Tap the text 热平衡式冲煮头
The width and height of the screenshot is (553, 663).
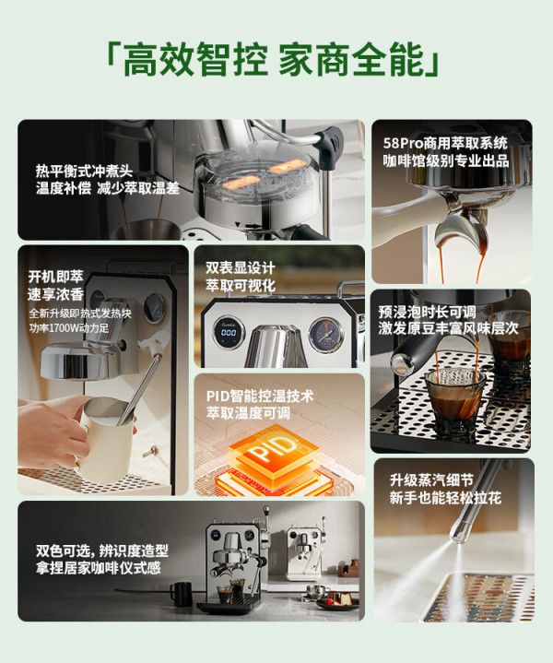pyautogui.click(x=84, y=172)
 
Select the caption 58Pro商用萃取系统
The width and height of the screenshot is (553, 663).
pyautogui.click(x=445, y=143)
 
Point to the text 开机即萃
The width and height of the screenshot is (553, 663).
pyautogui.click(x=55, y=277)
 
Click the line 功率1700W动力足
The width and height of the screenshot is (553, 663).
pyautogui.click(x=69, y=328)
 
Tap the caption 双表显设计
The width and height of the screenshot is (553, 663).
pyautogui.click(x=241, y=267)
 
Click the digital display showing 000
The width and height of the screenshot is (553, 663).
pyautogui.click(x=229, y=332)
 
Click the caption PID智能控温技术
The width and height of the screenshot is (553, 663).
pyautogui.click(x=260, y=397)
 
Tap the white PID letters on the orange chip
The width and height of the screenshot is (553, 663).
pyautogui.click(x=273, y=448)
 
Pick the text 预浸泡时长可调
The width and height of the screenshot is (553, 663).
pyautogui.click(x=427, y=312)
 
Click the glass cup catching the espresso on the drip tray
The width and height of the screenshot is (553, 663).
pyautogui.click(x=453, y=398)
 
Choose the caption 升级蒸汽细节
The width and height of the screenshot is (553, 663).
pyautogui.click(x=431, y=480)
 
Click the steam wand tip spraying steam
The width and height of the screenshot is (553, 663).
pyautogui.click(x=458, y=536)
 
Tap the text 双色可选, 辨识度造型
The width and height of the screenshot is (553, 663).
pyautogui.click(x=102, y=551)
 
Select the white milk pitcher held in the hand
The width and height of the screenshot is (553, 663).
pyautogui.click(x=106, y=438)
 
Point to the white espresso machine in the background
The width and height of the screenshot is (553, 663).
pyautogui.click(x=306, y=551)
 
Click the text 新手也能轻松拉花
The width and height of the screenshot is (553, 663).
pyautogui.click(x=445, y=498)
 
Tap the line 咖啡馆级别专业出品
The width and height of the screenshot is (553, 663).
pyautogui.click(x=446, y=160)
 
